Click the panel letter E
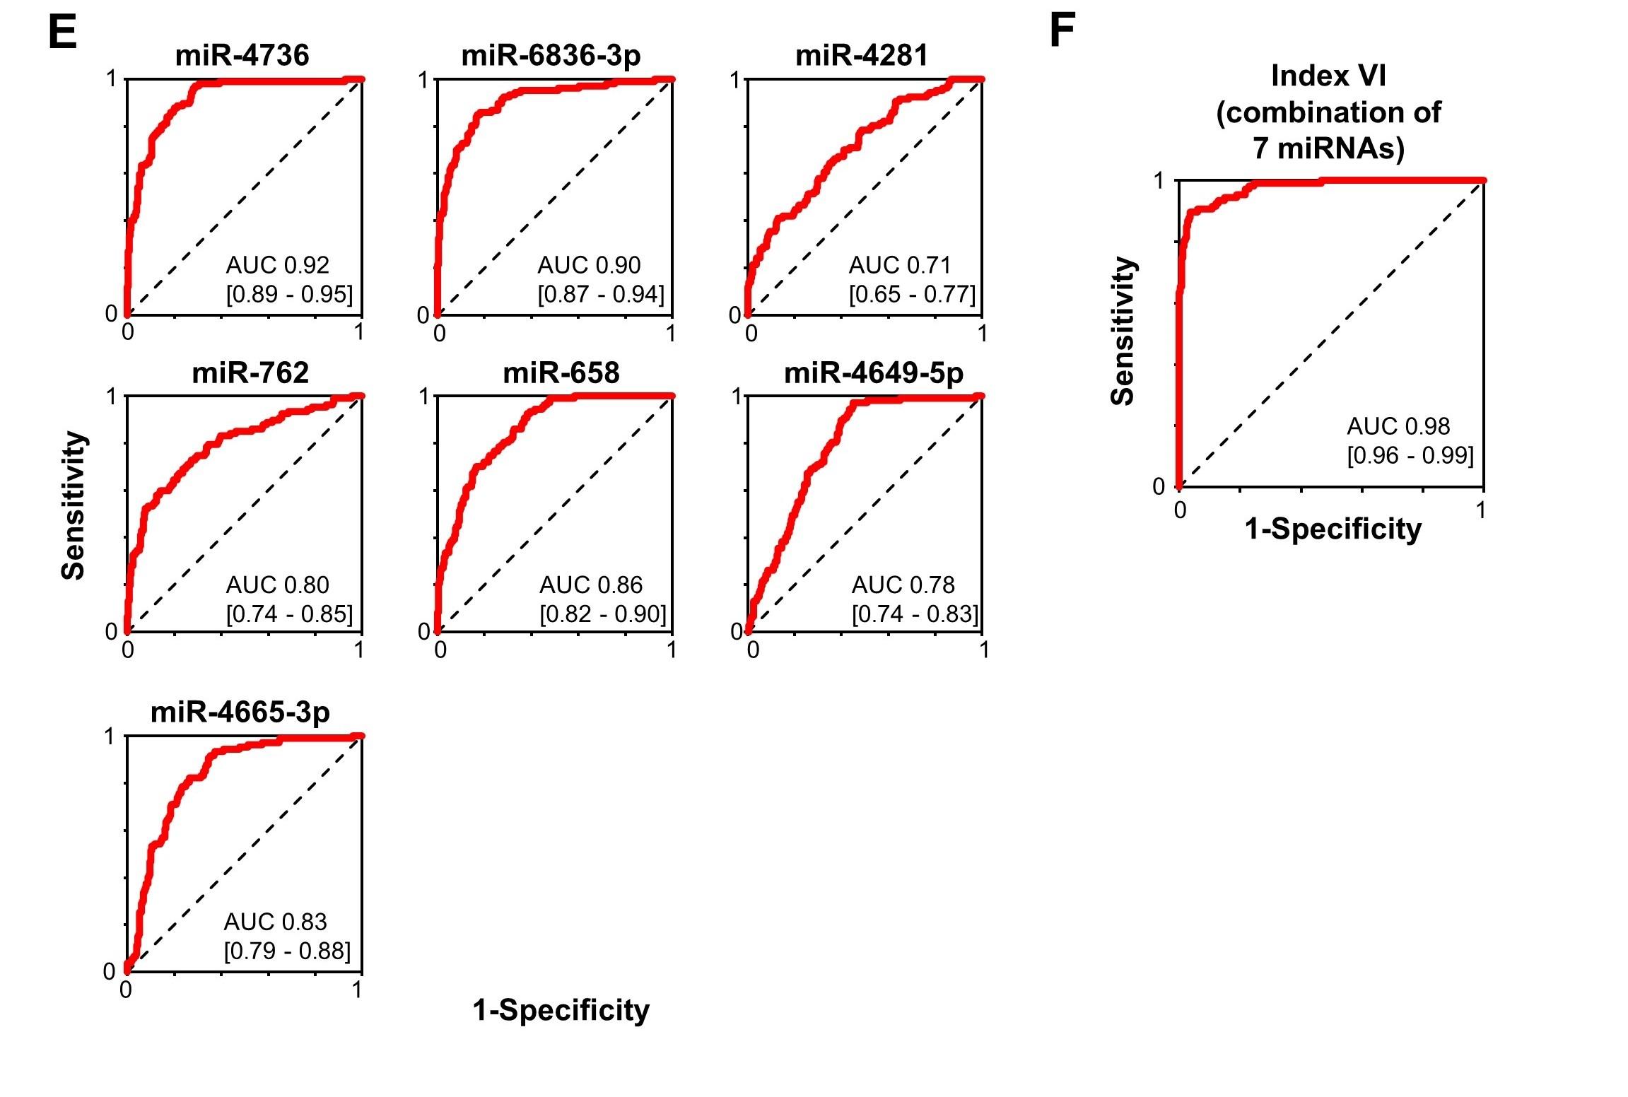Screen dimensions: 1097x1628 (62, 32)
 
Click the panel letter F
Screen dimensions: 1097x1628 (1062, 32)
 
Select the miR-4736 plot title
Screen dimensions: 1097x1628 (242, 56)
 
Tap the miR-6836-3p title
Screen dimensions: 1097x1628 (551, 56)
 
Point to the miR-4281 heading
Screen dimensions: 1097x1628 (862, 56)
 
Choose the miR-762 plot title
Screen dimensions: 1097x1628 (250, 373)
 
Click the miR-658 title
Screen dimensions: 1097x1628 (561, 373)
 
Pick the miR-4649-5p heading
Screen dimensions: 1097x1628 (874, 373)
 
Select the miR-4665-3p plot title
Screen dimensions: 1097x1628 (240, 712)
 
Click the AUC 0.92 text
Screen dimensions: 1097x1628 (278, 265)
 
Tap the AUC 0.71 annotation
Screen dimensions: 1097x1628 (900, 265)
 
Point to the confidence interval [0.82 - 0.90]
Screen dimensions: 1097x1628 (603, 614)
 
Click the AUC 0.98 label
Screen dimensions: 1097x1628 (1398, 426)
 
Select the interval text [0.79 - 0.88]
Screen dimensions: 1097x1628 (287, 951)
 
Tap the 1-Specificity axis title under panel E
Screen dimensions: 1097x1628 (561, 1011)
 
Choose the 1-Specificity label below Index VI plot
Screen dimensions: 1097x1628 (1333, 529)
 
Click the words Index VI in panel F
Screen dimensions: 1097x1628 (1328, 76)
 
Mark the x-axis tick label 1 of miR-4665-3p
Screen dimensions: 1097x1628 (357, 990)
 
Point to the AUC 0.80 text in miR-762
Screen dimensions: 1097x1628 (278, 585)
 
